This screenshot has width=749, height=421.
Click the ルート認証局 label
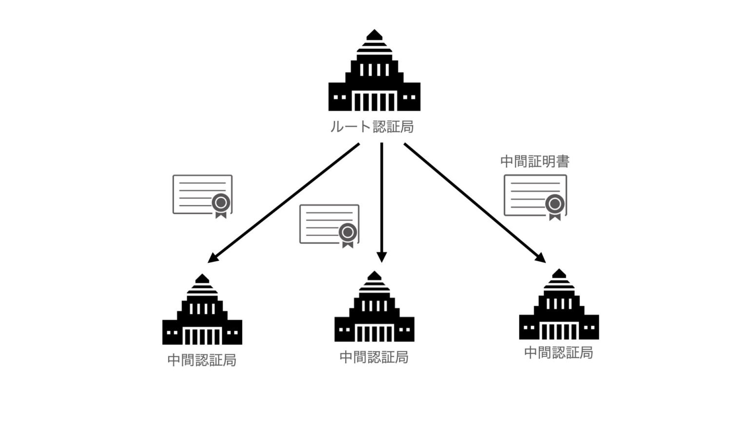[372, 127]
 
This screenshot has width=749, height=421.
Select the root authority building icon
[374, 73]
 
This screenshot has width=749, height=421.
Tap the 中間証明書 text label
[534, 161]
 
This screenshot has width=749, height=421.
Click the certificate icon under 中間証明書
[535, 196]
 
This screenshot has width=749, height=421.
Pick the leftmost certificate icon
[202, 194]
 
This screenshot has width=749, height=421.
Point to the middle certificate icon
[329, 224]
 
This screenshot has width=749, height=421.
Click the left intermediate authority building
[202, 312]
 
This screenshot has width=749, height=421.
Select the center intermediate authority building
[374, 309]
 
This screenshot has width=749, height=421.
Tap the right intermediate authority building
[559, 306]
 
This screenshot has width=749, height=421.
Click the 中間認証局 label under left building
[202, 360]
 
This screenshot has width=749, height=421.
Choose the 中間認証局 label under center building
[374, 357]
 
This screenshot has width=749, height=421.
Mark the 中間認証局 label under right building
[558, 352]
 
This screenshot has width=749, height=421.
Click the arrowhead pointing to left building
[213, 258]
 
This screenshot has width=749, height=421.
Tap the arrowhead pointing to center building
[382, 257]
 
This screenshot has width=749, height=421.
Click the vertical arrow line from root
[382, 195]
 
